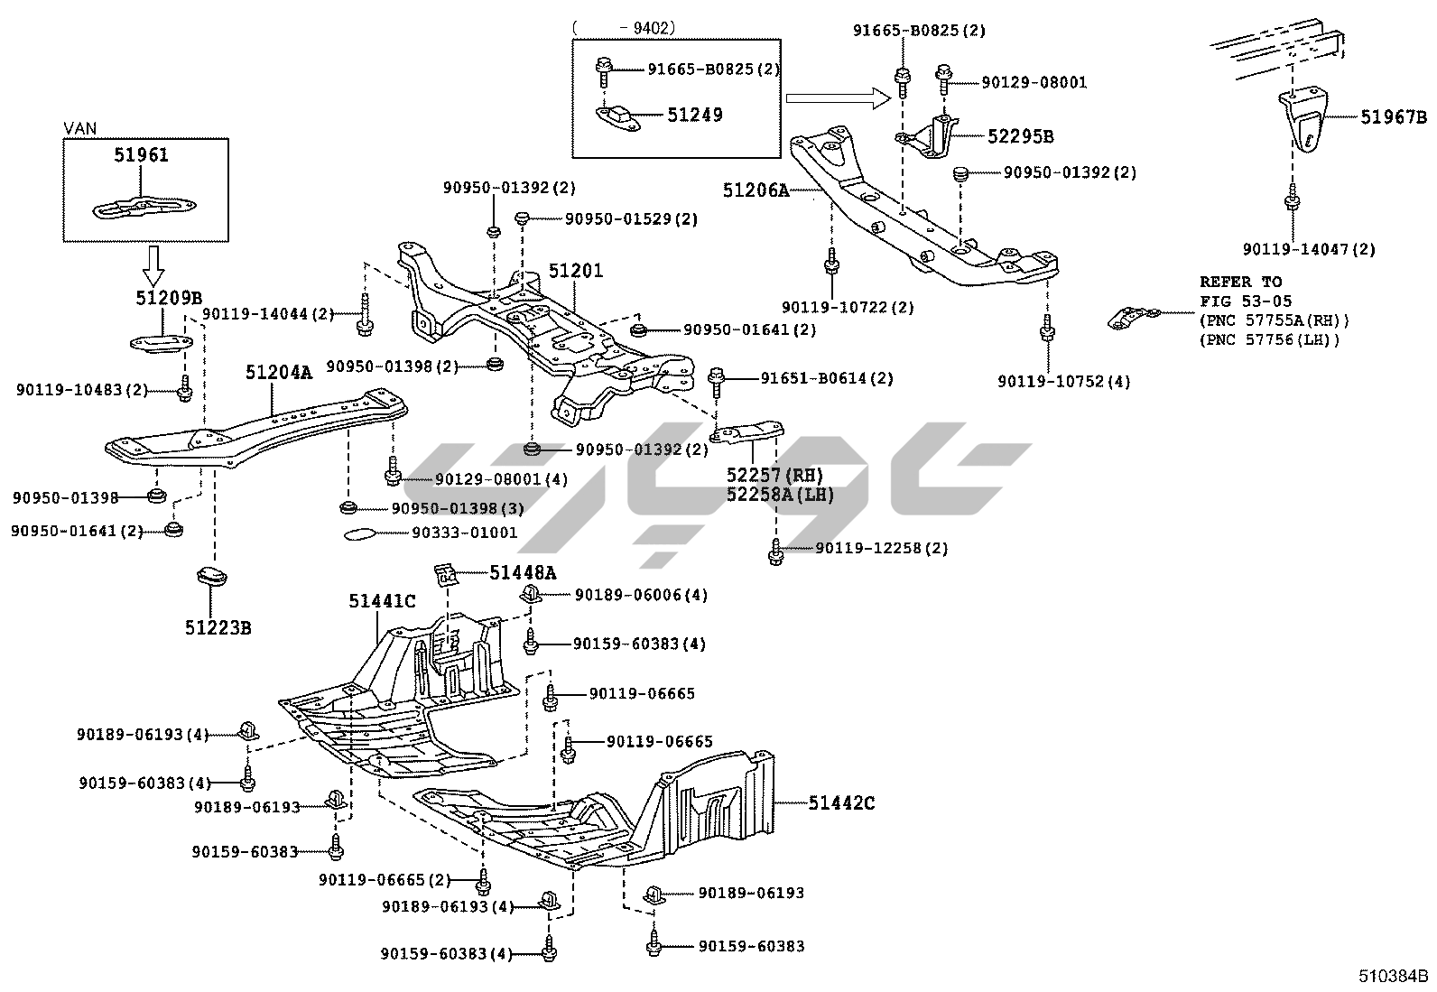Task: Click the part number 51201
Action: coord(576,270)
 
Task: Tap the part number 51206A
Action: coord(756,190)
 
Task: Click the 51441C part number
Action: coord(383,601)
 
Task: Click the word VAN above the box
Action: coord(80,129)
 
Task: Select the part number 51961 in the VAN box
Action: coord(141,155)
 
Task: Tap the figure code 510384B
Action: coord(1395,976)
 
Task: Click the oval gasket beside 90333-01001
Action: coord(361,533)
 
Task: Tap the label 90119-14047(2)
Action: coord(1309,249)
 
